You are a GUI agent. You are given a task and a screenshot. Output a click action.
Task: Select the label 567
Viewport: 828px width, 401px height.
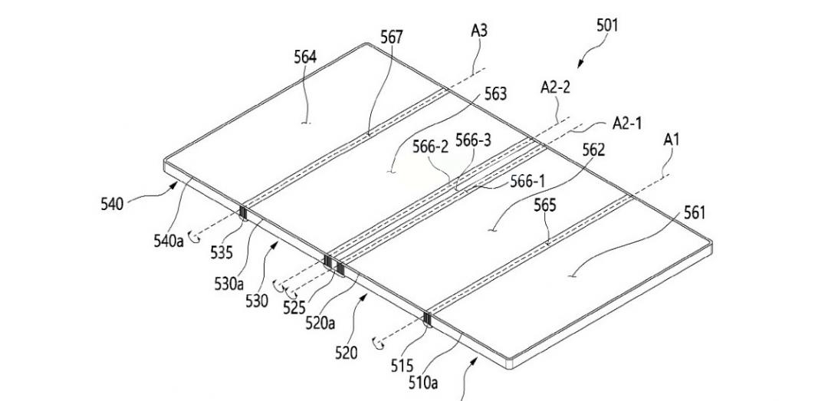(391, 36)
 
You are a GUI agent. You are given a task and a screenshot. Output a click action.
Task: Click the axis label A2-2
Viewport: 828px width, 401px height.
(555, 87)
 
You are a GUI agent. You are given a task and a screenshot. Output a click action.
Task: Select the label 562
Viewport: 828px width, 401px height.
(593, 150)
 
